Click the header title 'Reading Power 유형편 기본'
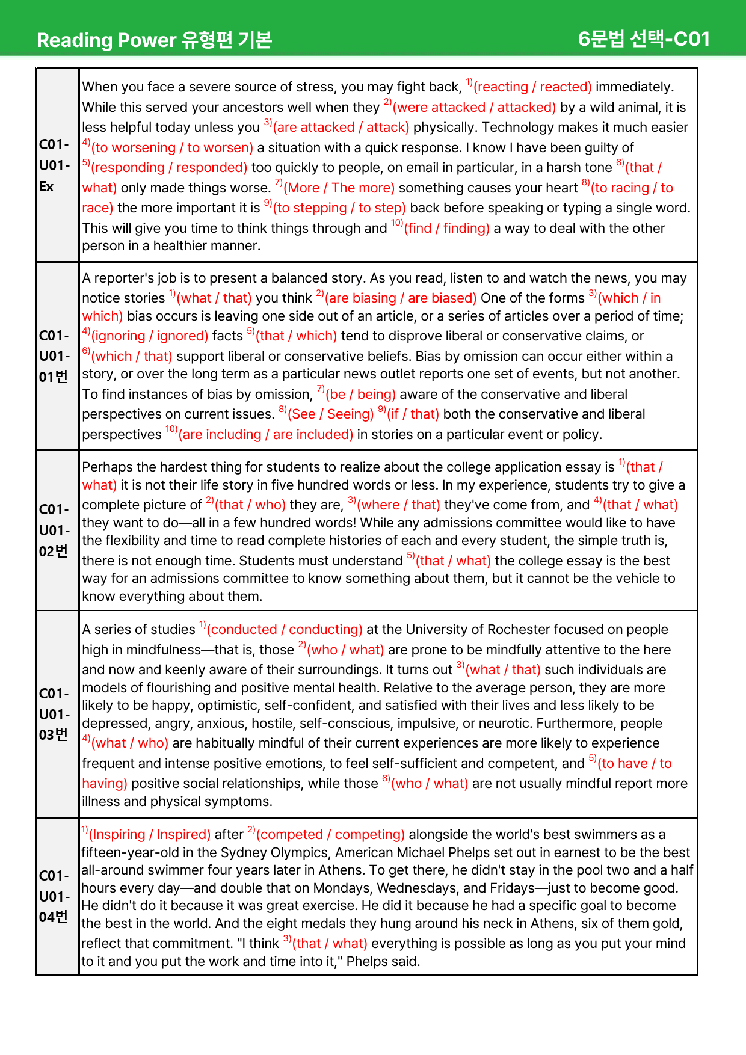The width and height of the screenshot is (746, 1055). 155,40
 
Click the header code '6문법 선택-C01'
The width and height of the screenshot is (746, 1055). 643,39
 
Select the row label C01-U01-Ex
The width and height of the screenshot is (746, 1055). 55,165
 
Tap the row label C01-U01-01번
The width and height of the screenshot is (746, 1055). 55,356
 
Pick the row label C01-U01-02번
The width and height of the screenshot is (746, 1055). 55,531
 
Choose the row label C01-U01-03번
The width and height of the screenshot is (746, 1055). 55,714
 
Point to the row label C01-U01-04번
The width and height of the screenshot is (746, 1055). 55,896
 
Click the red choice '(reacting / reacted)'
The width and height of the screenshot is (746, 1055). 532,87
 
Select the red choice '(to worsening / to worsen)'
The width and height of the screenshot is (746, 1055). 172,148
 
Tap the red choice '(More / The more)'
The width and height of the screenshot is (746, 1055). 339,188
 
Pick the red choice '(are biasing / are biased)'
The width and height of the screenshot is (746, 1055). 401,298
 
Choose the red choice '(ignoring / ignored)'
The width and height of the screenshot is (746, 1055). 149,336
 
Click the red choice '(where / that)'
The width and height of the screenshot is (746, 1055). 398,505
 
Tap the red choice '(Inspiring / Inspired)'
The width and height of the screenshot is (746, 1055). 149,835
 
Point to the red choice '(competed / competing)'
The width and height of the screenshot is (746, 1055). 330,835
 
